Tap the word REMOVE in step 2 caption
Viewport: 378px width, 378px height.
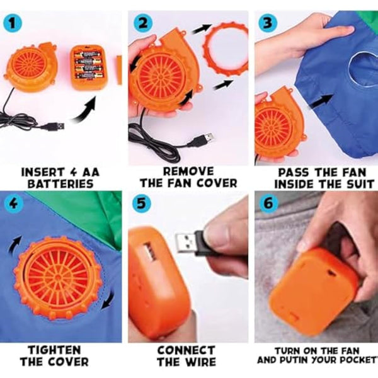(x=188, y=171)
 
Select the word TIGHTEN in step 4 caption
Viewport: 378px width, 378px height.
(x=54, y=350)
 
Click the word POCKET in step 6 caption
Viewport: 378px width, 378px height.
(x=356, y=360)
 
